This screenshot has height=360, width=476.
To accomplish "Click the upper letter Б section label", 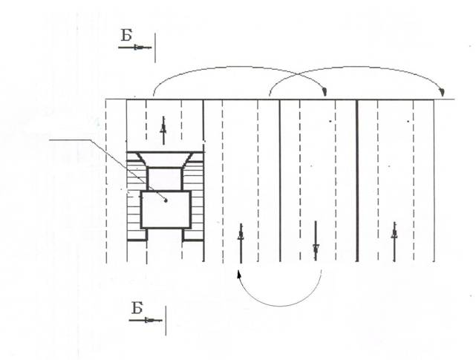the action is pos(126,35).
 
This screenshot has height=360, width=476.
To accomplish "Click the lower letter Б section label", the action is pos(137,308).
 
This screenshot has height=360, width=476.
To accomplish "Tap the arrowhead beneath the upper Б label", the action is pos(138,48).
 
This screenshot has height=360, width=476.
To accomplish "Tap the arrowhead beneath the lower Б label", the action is pos(149,320).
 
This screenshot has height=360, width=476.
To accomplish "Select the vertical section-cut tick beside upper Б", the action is pos(155,48).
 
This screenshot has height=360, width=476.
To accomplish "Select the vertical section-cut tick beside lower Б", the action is pos(166,321).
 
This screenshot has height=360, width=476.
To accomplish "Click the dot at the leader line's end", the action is pos(166,200).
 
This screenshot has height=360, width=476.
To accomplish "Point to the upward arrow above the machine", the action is pos(163,130).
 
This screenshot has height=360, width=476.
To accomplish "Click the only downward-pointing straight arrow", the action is pos(316,240).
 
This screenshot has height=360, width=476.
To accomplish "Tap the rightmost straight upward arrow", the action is pos(394,242).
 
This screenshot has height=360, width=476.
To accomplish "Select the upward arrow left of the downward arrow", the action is pos(241,243).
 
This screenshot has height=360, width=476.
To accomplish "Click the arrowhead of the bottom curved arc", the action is pos(239,274).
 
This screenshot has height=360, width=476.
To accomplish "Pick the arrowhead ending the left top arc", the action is pos(325,91).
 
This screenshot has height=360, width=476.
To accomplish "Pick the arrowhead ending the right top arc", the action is pos(442,91).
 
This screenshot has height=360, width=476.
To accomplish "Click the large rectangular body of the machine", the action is pos(166,210).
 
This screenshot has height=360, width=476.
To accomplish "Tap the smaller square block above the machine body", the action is pos(165,179).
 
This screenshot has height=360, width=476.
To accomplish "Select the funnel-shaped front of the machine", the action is pos(165,160).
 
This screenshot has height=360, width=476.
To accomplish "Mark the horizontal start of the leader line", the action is pos(70,140).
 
